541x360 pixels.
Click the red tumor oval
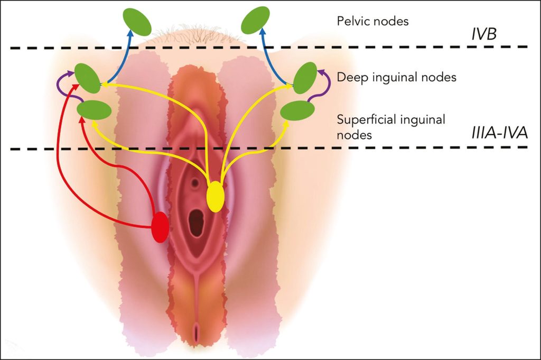[161, 227]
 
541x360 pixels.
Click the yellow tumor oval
[216, 196]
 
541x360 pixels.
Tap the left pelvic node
[137, 22]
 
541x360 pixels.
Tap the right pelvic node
[255, 21]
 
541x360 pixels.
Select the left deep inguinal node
[88, 78]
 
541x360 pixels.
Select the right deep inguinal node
[305, 78]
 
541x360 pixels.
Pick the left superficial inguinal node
[94, 110]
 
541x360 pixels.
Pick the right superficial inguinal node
[297, 110]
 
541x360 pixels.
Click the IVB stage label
[484, 34]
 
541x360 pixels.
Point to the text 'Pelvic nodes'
[372, 21]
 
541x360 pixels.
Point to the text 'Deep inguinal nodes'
[396, 77]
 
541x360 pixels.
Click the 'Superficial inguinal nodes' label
[391, 127]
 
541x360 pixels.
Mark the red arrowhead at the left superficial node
[82, 119]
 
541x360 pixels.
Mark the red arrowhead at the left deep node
[73, 86]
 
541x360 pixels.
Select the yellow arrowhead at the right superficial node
[285, 124]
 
